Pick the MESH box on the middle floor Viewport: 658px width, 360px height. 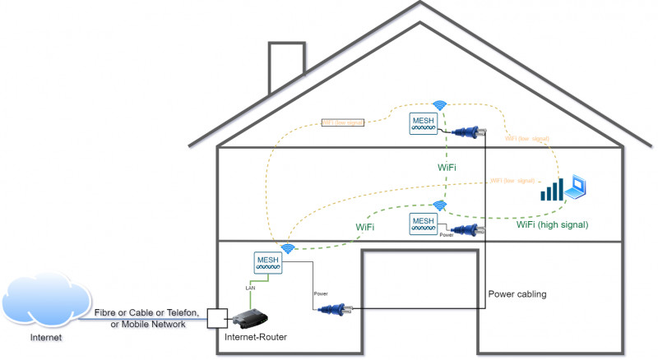point(423,223)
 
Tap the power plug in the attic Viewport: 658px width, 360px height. point(465,131)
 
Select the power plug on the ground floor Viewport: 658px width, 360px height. point(336,309)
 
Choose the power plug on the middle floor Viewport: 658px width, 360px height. point(466,231)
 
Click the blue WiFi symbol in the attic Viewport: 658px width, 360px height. point(441,104)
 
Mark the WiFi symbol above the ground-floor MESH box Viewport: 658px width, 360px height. point(287,248)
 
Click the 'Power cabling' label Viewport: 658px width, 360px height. point(517,293)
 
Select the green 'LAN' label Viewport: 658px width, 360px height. point(253,288)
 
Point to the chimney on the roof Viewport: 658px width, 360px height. point(286,66)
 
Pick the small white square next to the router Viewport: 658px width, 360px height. point(215,316)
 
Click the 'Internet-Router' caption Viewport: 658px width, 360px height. point(256,336)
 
